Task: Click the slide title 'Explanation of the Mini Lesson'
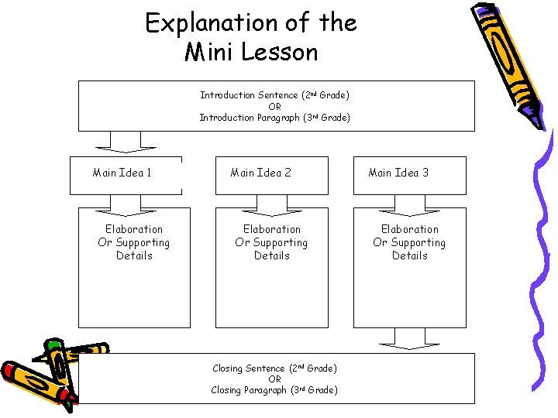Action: coord(251,37)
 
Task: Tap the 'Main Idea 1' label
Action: coord(122,173)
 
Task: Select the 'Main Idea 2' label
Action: coord(260,173)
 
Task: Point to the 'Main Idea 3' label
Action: coord(398,173)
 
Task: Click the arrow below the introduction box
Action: coord(125,141)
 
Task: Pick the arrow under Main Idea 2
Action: coord(272,204)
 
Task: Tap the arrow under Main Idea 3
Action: coord(409,204)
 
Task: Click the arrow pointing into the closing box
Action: coord(409,338)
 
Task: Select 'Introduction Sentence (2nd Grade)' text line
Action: coord(274,95)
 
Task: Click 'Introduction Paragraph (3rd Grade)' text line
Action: coord(274,118)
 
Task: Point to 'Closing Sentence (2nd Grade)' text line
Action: coord(274,368)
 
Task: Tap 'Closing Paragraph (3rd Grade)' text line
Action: coord(274,390)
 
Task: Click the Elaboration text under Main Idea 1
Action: coord(134,242)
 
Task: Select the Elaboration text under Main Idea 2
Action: coord(272,242)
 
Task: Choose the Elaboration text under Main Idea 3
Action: coord(409,242)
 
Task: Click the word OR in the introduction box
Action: coord(274,107)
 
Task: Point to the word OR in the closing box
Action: coord(274,379)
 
